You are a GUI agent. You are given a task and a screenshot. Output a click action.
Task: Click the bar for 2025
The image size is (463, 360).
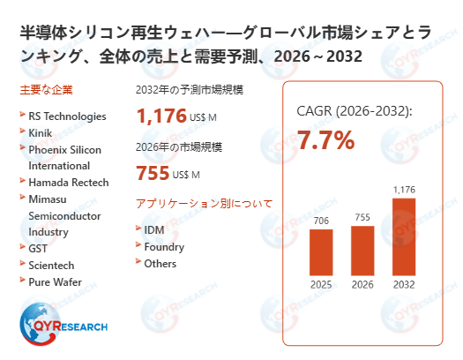coord(322,251)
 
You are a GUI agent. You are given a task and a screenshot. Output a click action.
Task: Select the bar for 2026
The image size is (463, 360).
coord(362,250)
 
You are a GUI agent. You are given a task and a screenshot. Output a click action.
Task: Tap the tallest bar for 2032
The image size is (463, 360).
coord(403,236)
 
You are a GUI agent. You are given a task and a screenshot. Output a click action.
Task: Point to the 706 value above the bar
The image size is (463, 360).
coord(322,221)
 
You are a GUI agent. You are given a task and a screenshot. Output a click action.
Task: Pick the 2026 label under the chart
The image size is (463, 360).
coord(362,285)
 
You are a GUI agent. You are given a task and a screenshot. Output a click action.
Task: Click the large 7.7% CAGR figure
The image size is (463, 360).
coord(325,139)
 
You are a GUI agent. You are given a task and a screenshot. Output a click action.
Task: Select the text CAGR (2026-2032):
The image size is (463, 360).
coord(354,111)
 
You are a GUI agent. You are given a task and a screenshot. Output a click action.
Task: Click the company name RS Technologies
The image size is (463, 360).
coord(67,116)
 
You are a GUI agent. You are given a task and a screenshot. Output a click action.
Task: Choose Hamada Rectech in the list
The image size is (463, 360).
coord(69,183)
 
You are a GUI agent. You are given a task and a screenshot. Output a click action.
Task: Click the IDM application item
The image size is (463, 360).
coord(154,230)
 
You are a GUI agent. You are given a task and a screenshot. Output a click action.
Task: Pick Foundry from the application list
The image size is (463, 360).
coord(164,247)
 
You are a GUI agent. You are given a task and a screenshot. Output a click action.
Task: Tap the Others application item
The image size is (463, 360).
coord(160,264)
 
